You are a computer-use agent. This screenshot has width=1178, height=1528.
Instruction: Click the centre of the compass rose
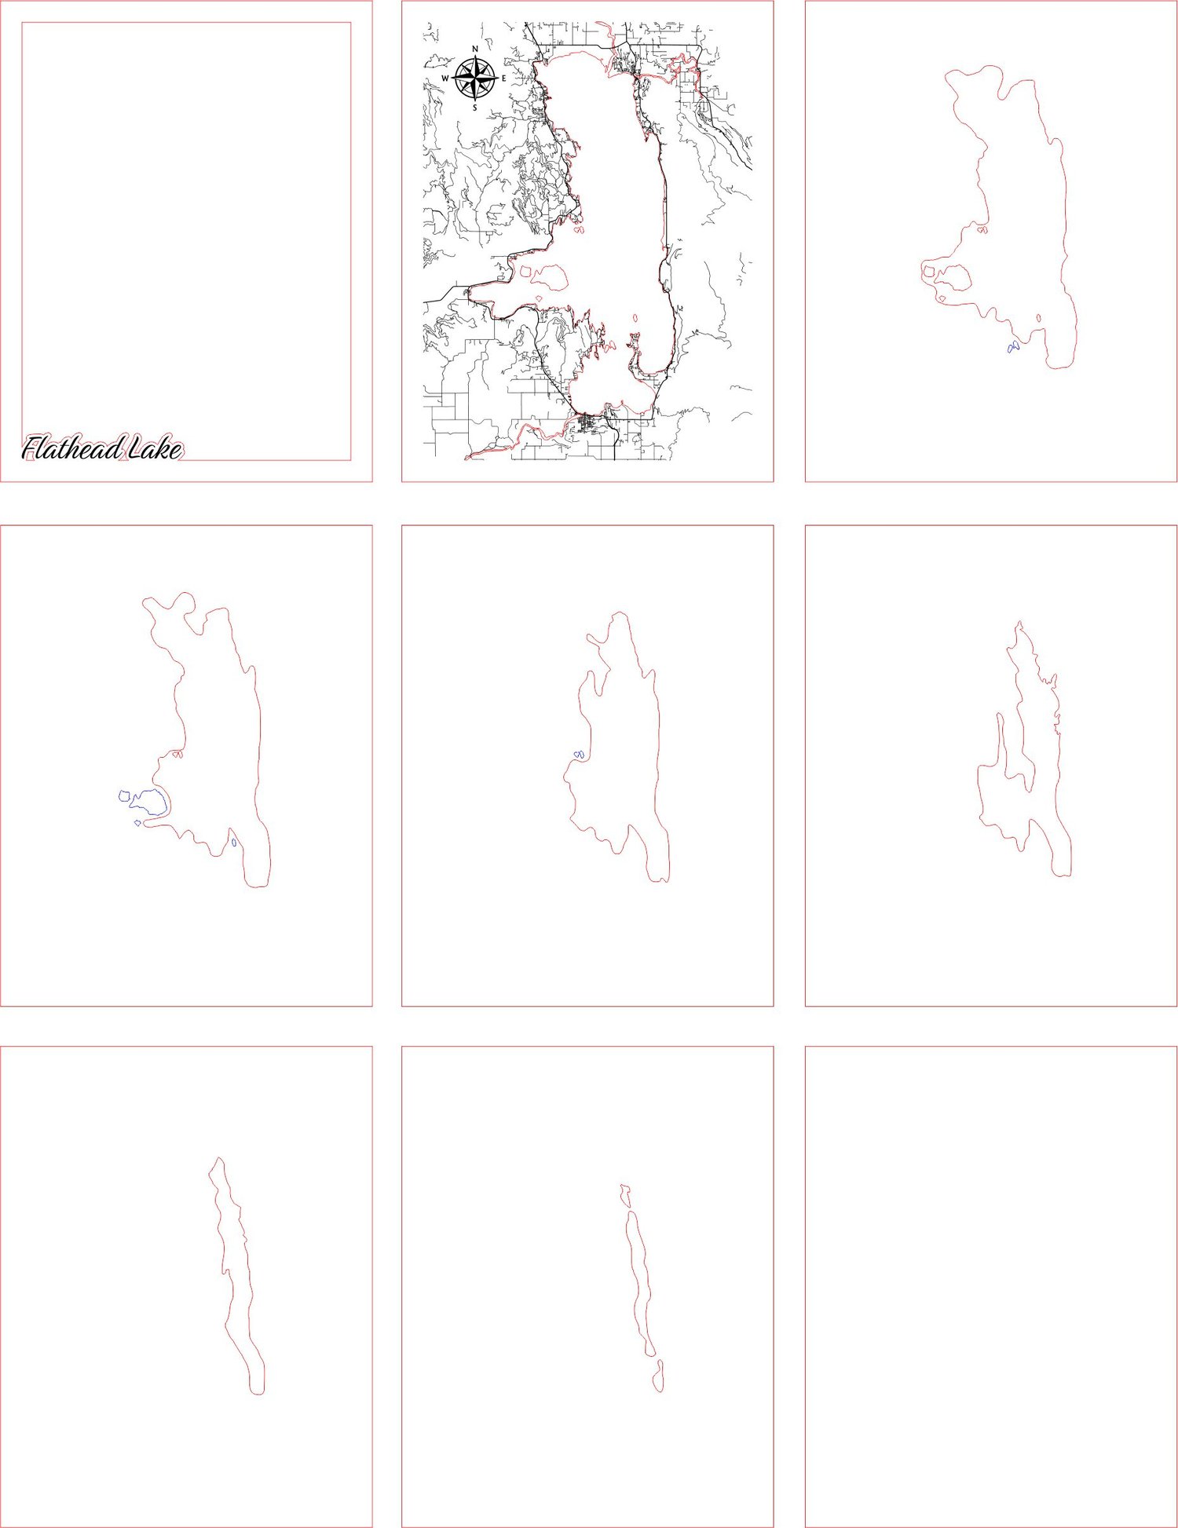[x=475, y=79]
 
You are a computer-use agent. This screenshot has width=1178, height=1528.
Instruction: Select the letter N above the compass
[x=475, y=49]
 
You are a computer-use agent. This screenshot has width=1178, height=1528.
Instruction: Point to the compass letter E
[x=503, y=79]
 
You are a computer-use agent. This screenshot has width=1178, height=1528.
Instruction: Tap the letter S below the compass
[x=474, y=108]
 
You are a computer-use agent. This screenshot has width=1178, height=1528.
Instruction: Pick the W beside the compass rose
[x=444, y=79]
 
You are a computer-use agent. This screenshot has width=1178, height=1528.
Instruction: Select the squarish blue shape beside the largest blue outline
[x=124, y=795]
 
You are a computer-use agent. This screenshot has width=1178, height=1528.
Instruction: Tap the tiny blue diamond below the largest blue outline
[x=137, y=823]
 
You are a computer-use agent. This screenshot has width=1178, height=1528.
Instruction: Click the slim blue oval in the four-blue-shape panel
[x=234, y=843]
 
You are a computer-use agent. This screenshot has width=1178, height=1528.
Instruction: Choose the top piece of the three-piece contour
[x=625, y=1196]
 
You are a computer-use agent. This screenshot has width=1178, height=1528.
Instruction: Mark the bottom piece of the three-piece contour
[x=658, y=1376]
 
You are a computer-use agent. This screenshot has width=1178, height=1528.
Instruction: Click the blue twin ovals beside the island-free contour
[x=579, y=755]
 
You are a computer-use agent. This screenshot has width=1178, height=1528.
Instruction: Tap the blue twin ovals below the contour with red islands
[x=1013, y=347]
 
